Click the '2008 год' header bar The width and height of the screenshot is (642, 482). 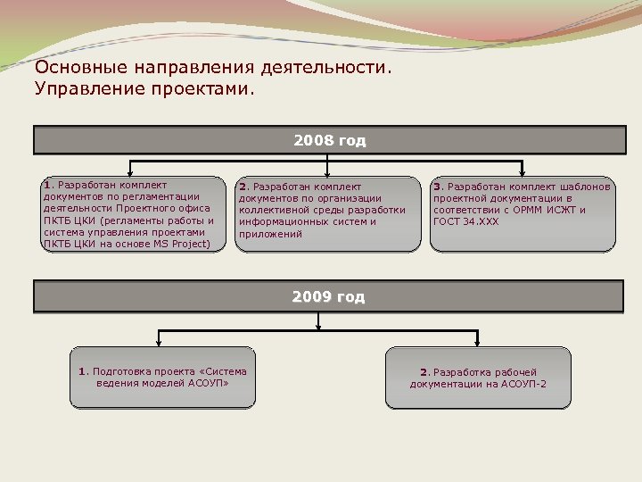tap(329, 141)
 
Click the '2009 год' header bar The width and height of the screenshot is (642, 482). tap(329, 297)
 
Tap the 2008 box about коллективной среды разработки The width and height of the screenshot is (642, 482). tap(328, 214)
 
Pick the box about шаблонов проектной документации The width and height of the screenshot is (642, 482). tap(523, 214)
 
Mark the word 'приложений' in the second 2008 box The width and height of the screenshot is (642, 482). tap(270, 235)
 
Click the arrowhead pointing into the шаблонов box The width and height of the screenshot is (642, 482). tap(523, 172)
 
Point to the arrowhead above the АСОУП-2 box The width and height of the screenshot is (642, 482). tap(478, 343)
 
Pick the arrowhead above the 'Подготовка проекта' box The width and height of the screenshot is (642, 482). tap(160, 343)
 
